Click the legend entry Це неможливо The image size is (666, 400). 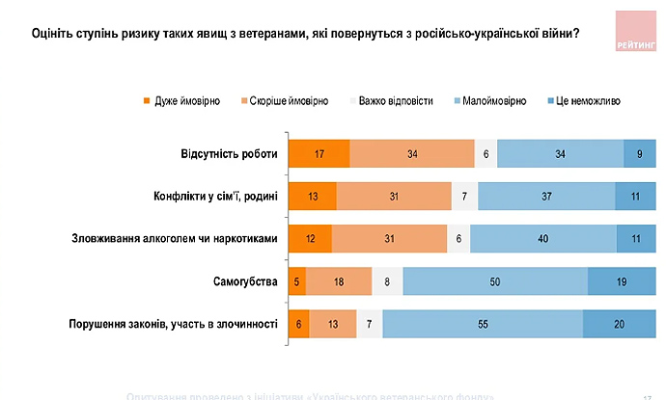[588, 100]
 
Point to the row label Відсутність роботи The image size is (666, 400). [229, 154]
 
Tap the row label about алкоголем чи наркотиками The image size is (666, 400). [175, 238]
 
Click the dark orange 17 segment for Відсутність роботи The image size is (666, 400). [319, 154]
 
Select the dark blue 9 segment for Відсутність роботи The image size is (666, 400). [639, 154]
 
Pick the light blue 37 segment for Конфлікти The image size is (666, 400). [546, 196]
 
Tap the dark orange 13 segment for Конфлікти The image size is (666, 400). [313, 196]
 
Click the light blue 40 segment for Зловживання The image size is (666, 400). [543, 238]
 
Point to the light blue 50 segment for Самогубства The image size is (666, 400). [495, 280]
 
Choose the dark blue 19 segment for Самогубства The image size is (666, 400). [622, 280]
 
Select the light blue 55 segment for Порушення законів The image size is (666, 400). [482, 323]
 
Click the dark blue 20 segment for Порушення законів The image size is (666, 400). [619, 323]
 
